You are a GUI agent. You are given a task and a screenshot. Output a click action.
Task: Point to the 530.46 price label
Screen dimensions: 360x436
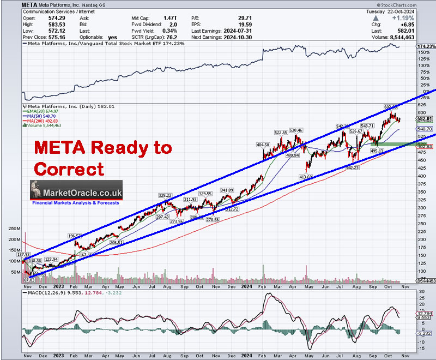296,131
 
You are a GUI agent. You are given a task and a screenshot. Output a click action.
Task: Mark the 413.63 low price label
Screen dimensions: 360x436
308,177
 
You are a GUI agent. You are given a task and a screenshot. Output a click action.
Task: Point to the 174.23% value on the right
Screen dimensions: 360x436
425,47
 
